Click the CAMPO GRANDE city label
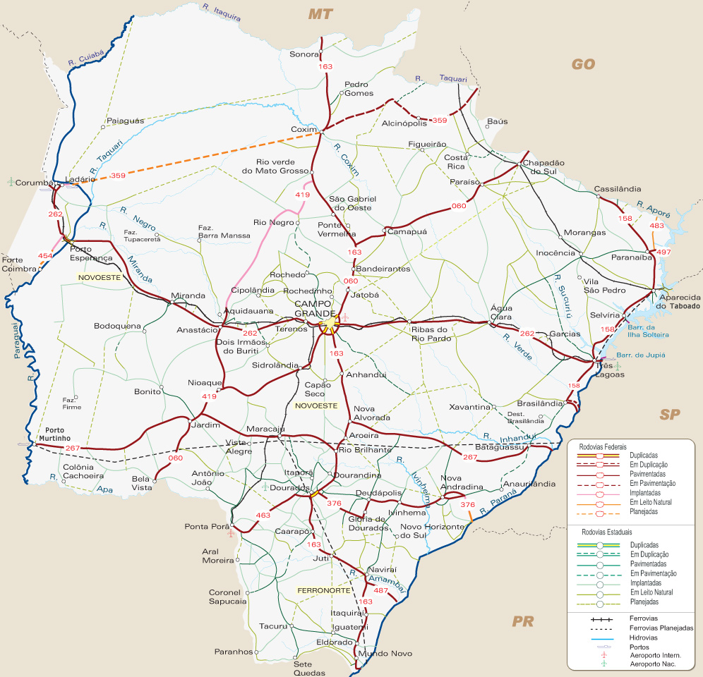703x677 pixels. pos(316,308)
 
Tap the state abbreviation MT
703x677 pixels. pos(320,13)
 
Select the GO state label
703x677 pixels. pos(583,65)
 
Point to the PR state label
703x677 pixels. pos(523,621)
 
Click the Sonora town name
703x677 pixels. pos(304,54)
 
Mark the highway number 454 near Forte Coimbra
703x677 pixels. pos(45,255)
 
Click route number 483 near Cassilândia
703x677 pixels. pos(656,226)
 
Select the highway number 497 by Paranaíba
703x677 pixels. pos(663,252)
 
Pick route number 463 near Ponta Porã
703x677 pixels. pos(263,516)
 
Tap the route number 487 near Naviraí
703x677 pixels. pos(381,590)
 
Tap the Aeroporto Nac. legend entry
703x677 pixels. pos(652,664)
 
